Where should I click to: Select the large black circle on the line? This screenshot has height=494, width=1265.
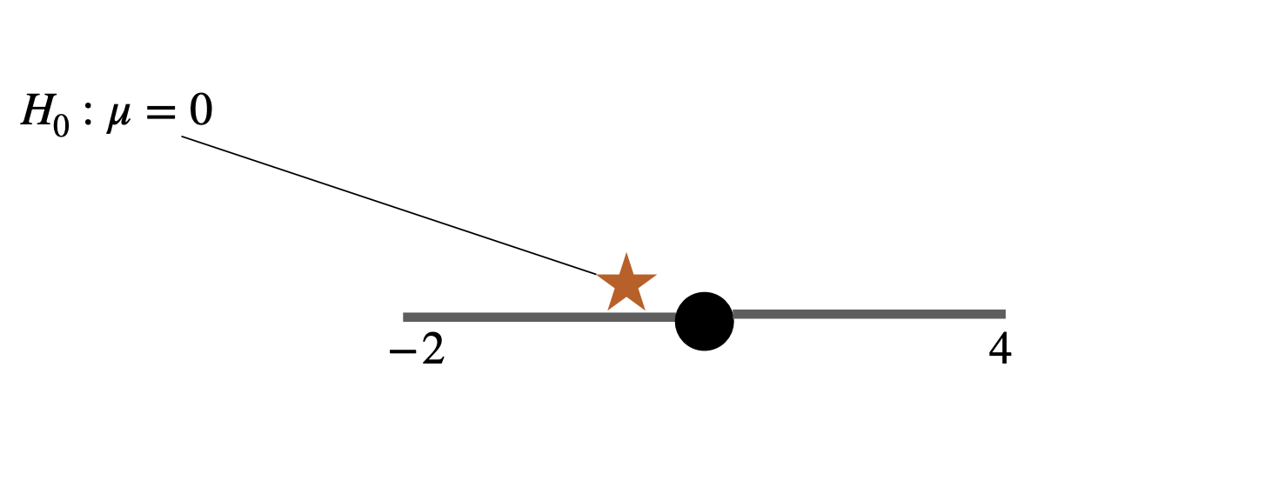point(705,321)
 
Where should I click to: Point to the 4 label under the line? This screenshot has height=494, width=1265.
point(1001,350)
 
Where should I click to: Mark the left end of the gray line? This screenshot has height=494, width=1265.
point(405,317)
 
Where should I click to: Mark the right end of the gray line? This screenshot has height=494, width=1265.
point(1004,314)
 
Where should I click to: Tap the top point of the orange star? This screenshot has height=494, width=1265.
point(626,255)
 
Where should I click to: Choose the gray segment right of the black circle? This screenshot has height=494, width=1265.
point(870,314)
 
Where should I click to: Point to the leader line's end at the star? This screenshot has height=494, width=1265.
point(597,274)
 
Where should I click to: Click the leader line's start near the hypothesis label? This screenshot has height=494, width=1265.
point(183,137)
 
